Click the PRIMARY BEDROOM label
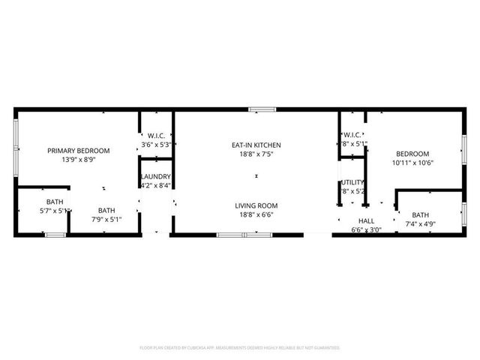tap(78, 151)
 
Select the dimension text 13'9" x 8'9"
tap(78, 160)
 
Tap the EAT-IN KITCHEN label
tap(256, 145)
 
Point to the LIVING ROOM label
tap(256, 205)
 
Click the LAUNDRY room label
tap(156, 176)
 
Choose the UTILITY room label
tap(352, 182)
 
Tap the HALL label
tap(366, 221)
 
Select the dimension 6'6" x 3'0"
tap(366, 230)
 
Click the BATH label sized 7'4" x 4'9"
tap(420, 214)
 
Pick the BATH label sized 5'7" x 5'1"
tap(55, 202)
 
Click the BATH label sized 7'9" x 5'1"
tap(106, 211)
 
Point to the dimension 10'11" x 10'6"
tap(412, 163)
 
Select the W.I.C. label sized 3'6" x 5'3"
tap(156, 136)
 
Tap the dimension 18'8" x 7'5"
tap(256, 154)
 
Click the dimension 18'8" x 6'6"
tap(256, 214)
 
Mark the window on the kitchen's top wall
tap(262, 109)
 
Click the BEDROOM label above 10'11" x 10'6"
tap(412, 154)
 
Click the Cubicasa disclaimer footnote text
tap(240, 348)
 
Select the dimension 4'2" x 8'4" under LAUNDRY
tap(156, 185)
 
